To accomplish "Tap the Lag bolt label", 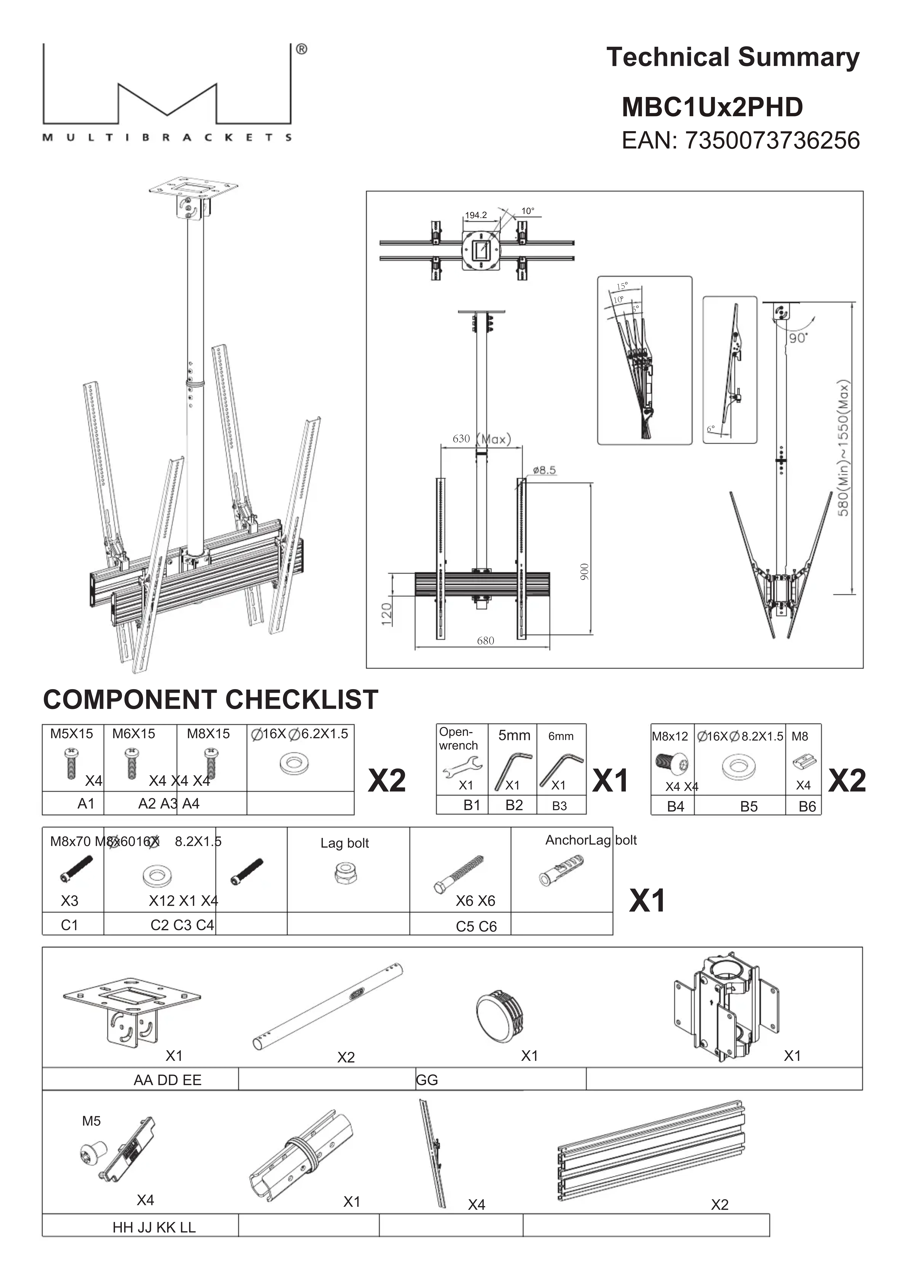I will [x=344, y=843].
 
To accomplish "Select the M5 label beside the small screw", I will [x=91, y=1121].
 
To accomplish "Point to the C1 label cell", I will [x=70, y=925].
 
